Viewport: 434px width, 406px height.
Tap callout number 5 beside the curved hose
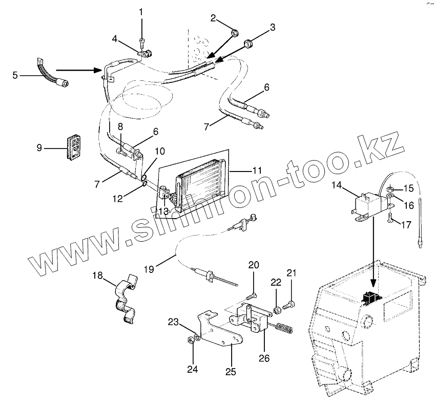click(x=15, y=75)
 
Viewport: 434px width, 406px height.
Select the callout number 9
click(x=39, y=148)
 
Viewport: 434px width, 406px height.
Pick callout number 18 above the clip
click(x=97, y=275)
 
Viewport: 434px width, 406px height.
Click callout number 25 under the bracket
click(x=231, y=372)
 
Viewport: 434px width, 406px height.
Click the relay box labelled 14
click(x=366, y=204)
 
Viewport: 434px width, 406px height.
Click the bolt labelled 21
click(x=288, y=306)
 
